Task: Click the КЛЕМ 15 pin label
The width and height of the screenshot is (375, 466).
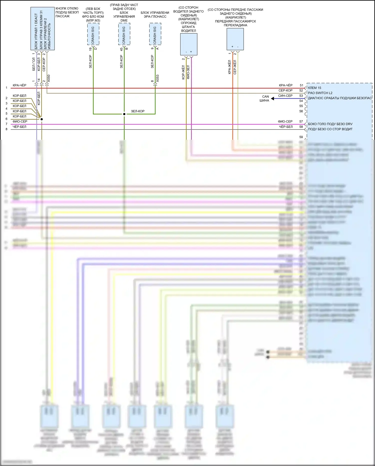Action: [x=314, y=88]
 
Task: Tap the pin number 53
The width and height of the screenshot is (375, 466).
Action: [x=301, y=96]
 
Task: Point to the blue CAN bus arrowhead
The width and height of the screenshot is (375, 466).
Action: [x=272, y=99]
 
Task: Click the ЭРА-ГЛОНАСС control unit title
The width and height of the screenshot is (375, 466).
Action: [x=155, y=15]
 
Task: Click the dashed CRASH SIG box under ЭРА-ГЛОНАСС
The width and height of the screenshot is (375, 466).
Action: [x=155, y=34]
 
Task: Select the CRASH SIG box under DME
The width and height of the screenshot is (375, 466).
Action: [x=124, y=34]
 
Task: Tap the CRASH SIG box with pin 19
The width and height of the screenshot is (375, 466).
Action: [x=93, y=34]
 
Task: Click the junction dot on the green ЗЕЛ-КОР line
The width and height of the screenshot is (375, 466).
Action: [x=124, y=114]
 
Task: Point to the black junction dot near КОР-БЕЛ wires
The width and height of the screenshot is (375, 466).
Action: [x=41, y=119]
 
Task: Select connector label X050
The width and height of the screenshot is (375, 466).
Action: [x=49, y=78]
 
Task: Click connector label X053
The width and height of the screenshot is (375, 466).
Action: [x=157, y=78]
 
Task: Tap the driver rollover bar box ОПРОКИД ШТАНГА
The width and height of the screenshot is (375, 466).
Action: [x=188, y=44]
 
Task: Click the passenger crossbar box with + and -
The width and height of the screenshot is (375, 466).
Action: [x=235, y=39]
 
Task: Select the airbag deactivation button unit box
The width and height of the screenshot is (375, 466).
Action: [x=42, y=28]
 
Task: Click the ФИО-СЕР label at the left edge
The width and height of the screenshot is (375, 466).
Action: [x=20, y=121]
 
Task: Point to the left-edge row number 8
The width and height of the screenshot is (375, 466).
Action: [x=6, y=129]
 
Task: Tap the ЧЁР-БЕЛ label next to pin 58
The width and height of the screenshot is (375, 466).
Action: [x=285, y=127]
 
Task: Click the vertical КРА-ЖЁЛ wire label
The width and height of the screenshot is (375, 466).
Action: [x=229, y=67]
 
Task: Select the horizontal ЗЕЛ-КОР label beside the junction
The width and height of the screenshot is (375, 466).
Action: [x=138, y=111]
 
